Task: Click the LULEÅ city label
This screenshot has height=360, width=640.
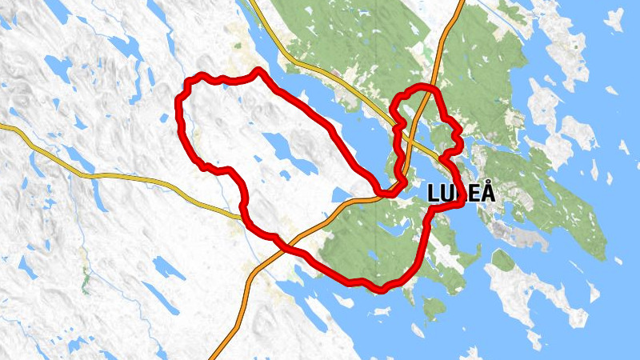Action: (462, 193)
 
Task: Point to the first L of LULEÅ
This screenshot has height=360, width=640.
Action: (434, 193)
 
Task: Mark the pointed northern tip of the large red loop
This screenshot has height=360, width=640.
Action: (258, 71)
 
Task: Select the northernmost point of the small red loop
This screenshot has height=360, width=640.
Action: (424, 86)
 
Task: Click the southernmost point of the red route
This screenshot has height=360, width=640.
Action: (382, 289)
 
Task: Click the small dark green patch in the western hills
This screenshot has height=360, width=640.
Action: (85, 280)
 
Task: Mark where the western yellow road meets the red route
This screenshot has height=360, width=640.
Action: (241, 214)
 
